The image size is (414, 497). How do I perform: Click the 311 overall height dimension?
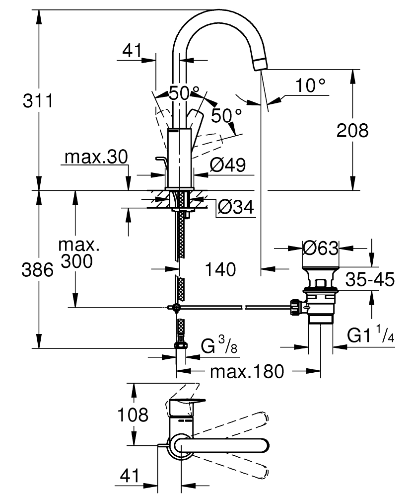(x=38, y=101)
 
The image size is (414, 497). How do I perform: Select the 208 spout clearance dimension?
(x=352, y=130)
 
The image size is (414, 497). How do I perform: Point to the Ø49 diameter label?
(x=227, y=165)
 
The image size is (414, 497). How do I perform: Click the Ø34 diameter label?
(x=235, y=207)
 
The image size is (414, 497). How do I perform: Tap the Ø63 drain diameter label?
(x=320, y=248)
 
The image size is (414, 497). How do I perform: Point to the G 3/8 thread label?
(x=218, y=346)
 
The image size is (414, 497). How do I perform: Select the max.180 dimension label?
(x=246, y=371)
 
